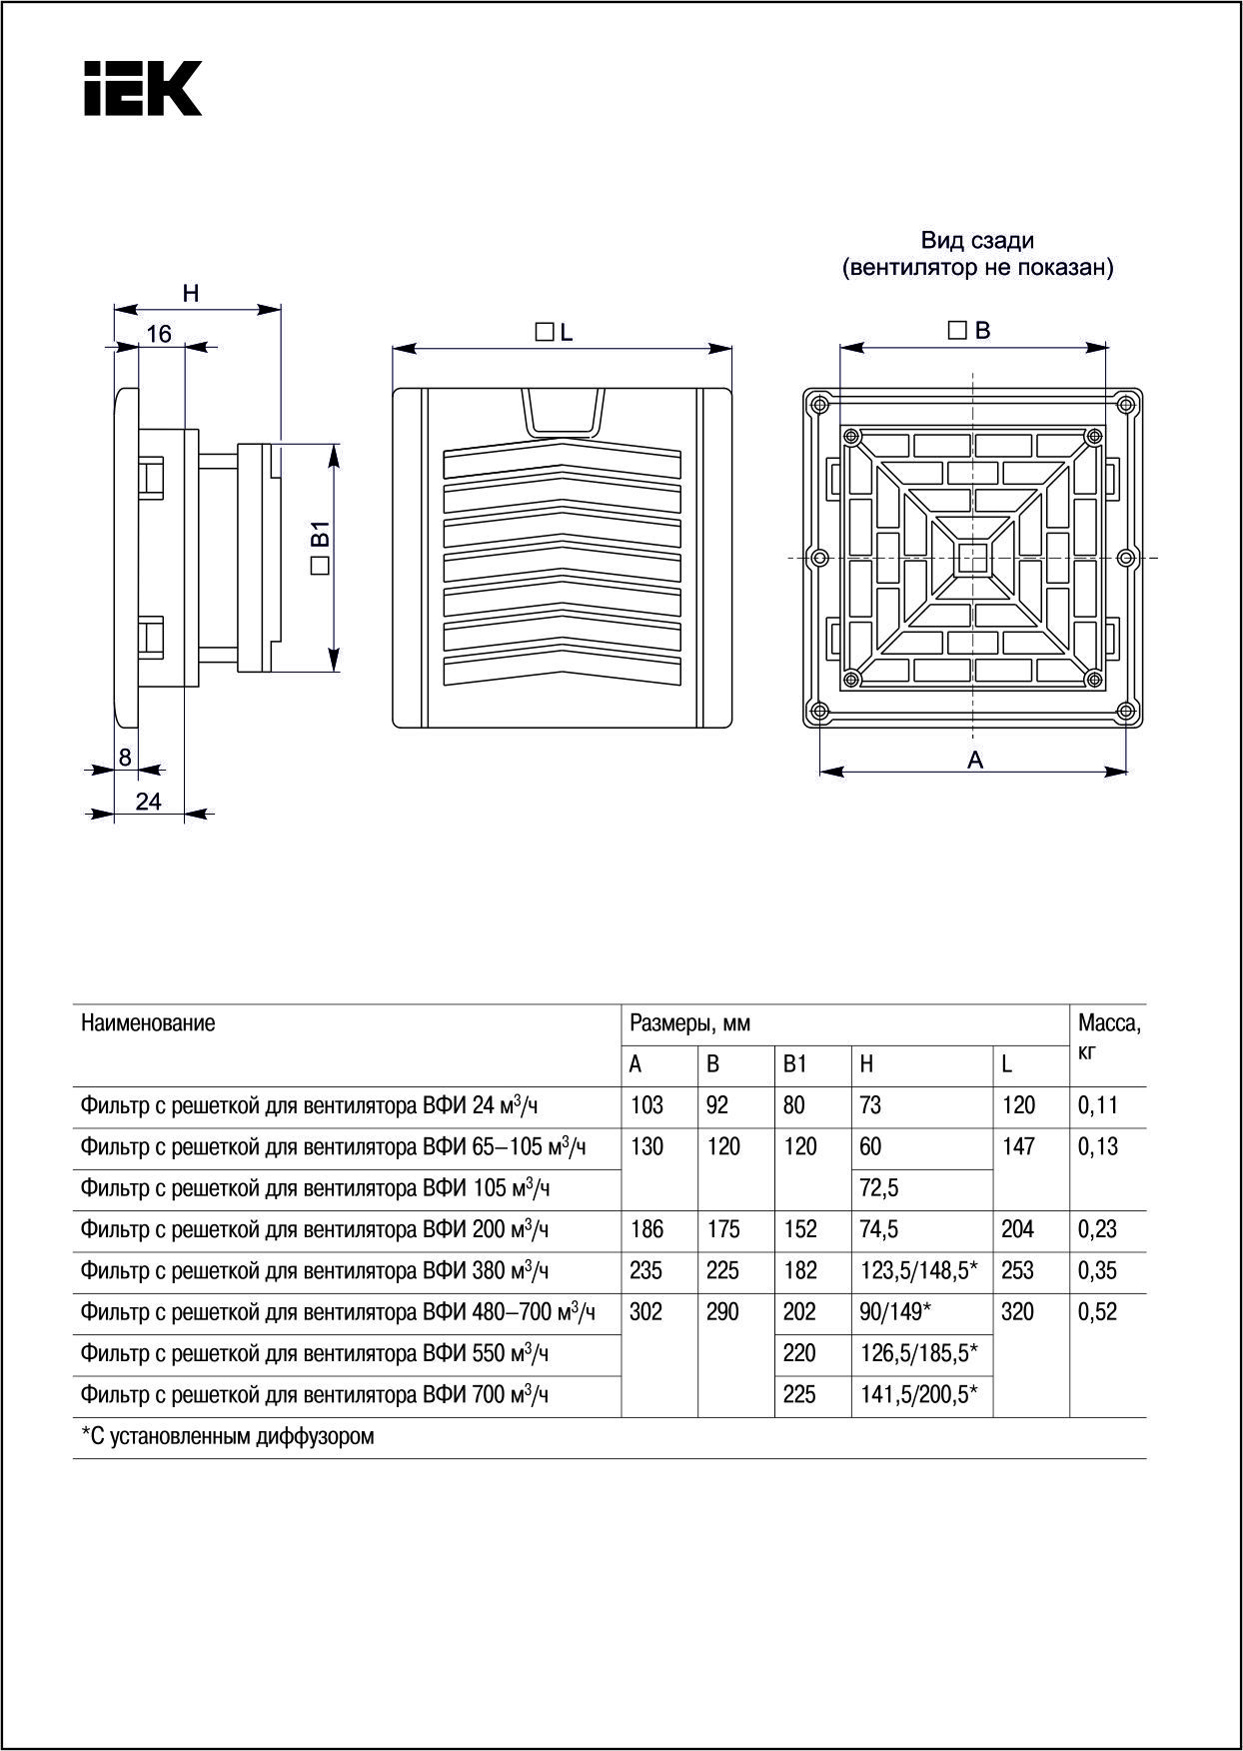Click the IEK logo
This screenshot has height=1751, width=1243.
pos(143,88)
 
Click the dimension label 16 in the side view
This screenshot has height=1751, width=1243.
pos(160,335)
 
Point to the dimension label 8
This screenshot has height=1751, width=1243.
pos(125,758)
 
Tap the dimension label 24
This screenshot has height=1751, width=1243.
pos(148,802)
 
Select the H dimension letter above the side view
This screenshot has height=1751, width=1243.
pos(191,294)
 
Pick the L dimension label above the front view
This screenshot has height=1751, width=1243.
pos(556,333)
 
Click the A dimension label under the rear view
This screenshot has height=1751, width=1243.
pos(975,761)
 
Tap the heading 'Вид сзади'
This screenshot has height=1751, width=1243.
pos(977,241)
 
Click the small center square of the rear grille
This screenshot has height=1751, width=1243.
pos(972,558)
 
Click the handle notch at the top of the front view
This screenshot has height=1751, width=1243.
pos(563,413)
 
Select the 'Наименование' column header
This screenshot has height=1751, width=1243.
pos(148,1023)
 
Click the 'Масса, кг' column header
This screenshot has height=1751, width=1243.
pos(1108,1035)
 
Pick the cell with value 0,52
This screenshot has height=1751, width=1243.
pos(1097,1312)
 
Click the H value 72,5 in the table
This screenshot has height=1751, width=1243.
pos(879,1188)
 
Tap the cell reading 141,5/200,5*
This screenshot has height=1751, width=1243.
pos(918,1395)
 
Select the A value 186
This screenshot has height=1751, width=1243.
pos(647,1229)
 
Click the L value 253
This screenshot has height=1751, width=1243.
pos(1017,1271)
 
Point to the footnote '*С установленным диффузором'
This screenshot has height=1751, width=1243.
pos(228,1437)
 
